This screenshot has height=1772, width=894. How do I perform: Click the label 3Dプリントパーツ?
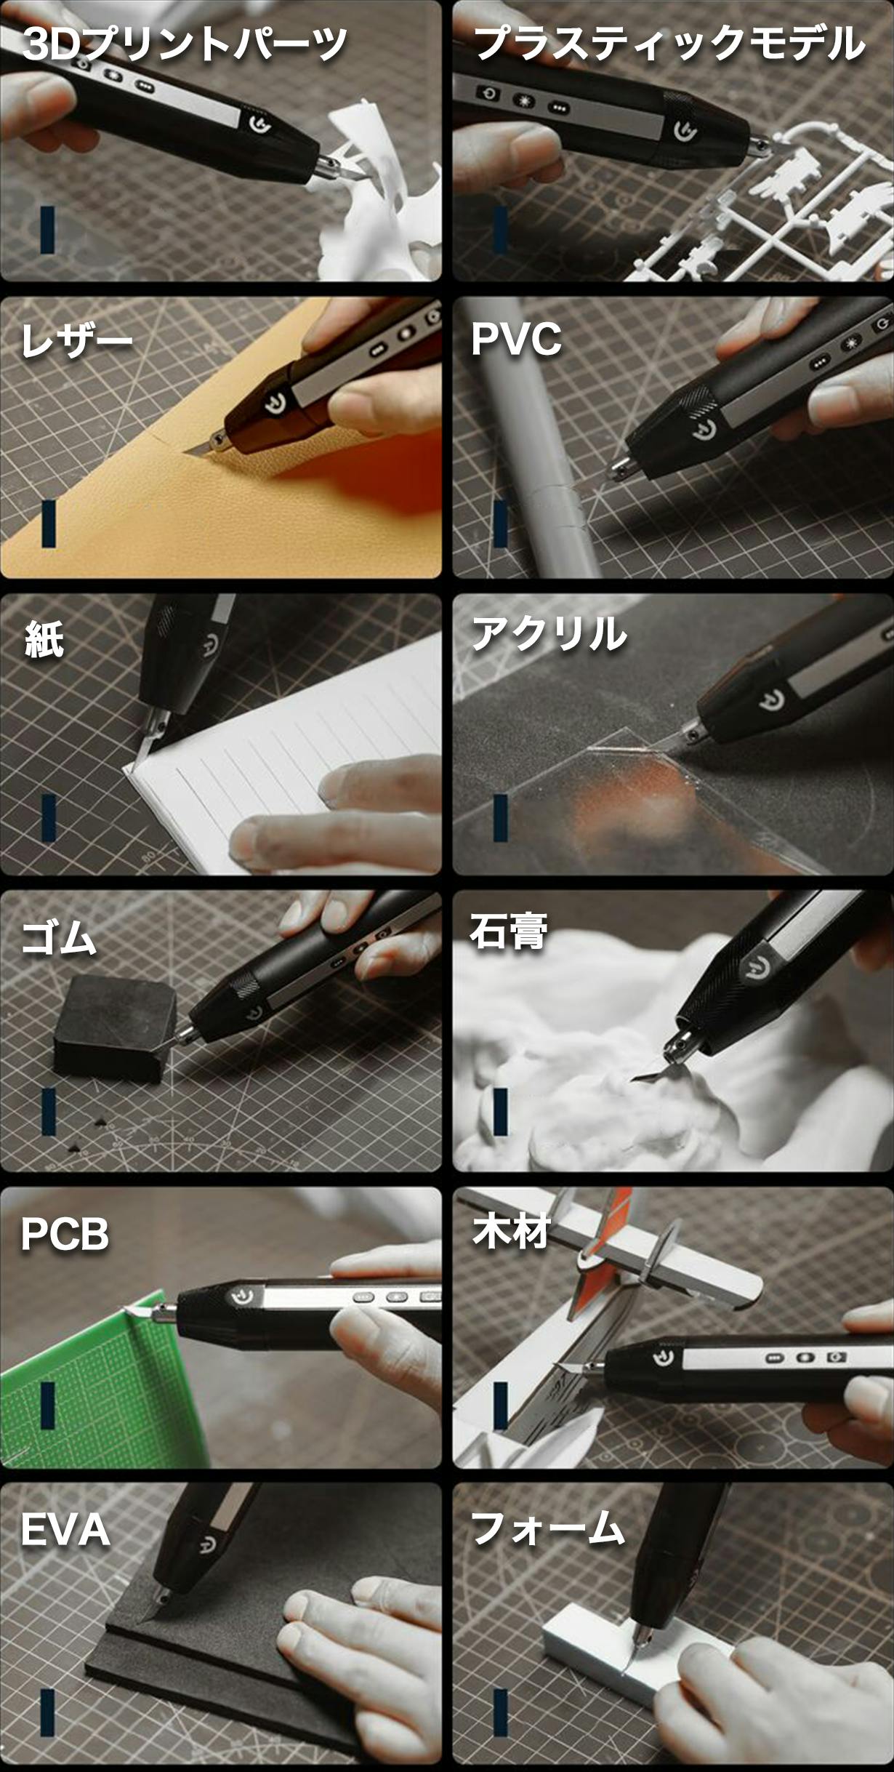[x=185, y=44]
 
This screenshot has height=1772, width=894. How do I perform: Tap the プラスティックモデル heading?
[x=669, y=44]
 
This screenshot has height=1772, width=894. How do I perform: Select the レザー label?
[x=76, y=340]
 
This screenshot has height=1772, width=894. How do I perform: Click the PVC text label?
[x=516, y=339]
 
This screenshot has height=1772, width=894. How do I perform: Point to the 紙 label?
[x=44, y=640]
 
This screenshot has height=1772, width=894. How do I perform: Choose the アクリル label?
[x=549, y=634]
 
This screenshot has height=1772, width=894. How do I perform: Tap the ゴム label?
[x=59, y=937]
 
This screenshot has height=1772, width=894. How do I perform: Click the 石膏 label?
[x=508, y=931]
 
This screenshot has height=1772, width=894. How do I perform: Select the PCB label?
[x=65, y=1234]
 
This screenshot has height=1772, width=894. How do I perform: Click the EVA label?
[x=65, y=1530]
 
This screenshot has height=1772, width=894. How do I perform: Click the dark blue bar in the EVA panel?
[x=47, y=1712]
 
